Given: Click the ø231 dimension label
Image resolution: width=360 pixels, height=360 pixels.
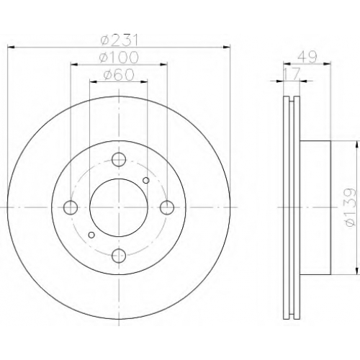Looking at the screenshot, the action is (x=120, y=40).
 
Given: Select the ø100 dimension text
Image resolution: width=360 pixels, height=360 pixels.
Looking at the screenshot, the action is (x=119, y=58).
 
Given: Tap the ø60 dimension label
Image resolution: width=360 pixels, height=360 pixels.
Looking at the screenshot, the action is (x=119, y=75).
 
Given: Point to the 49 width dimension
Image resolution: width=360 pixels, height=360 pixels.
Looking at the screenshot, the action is (x=307, y=58).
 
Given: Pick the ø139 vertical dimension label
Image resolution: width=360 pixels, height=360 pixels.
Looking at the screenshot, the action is (x=349, y=207).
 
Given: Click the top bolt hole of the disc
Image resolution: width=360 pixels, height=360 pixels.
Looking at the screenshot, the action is (x=119, y=159).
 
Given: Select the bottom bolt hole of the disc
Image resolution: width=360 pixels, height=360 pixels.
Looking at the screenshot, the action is (x=119, y=256).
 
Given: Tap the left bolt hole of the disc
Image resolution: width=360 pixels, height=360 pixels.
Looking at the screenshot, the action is (x=71, y=207).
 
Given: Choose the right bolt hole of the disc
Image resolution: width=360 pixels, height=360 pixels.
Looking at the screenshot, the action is (x=167, y=207).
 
